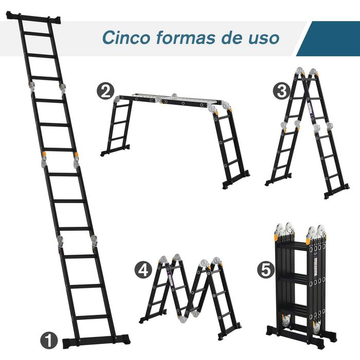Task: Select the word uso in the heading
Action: [263, 38]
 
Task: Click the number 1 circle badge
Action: [48, 339]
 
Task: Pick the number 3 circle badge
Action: [281, 92]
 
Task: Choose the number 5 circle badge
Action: [265, 269]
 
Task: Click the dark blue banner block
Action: [329, 39]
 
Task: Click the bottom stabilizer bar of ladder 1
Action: [96, 340]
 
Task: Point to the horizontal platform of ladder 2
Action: [170, 100]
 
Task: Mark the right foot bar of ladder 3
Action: [337, 191]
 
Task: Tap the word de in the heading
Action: [232, 38]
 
